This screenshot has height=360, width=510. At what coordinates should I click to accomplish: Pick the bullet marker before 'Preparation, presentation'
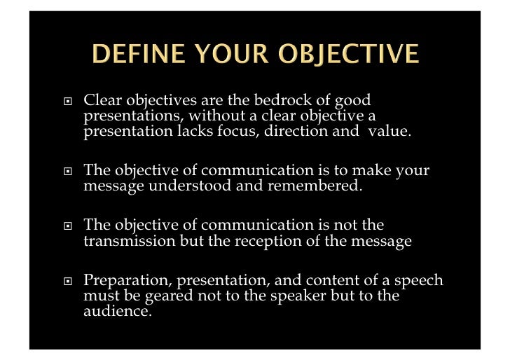(66, 282)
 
